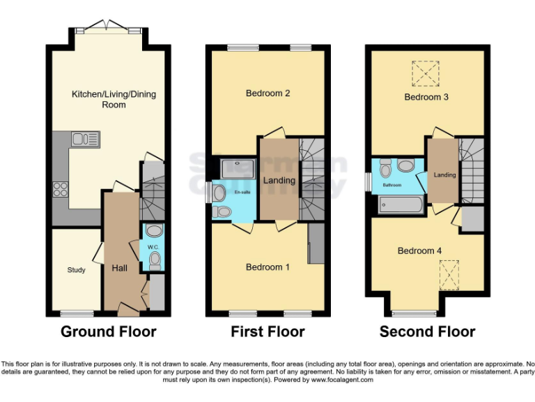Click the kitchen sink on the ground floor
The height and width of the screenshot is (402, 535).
(x=86, y=138)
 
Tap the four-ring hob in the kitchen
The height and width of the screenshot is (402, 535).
(x=60, y=188)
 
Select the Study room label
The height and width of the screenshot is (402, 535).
(x=76, y=270)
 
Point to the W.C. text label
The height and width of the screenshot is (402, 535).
(x=154, y=246)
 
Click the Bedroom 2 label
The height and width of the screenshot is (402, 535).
(x=267, y=94)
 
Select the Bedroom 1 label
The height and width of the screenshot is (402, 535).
(x=267, y=267)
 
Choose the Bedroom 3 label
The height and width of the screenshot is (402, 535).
(x=426, y=97)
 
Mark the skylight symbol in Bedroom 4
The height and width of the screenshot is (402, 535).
(x=450, y=270)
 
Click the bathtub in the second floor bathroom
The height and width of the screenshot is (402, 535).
(x=400, y=204)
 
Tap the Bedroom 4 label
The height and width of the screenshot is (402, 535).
(x=419, y=251)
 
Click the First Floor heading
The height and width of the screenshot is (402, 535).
(x=267, y=332)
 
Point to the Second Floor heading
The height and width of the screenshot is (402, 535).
(x=427, y=332)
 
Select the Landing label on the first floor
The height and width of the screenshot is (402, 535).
(x=279, y=180)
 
